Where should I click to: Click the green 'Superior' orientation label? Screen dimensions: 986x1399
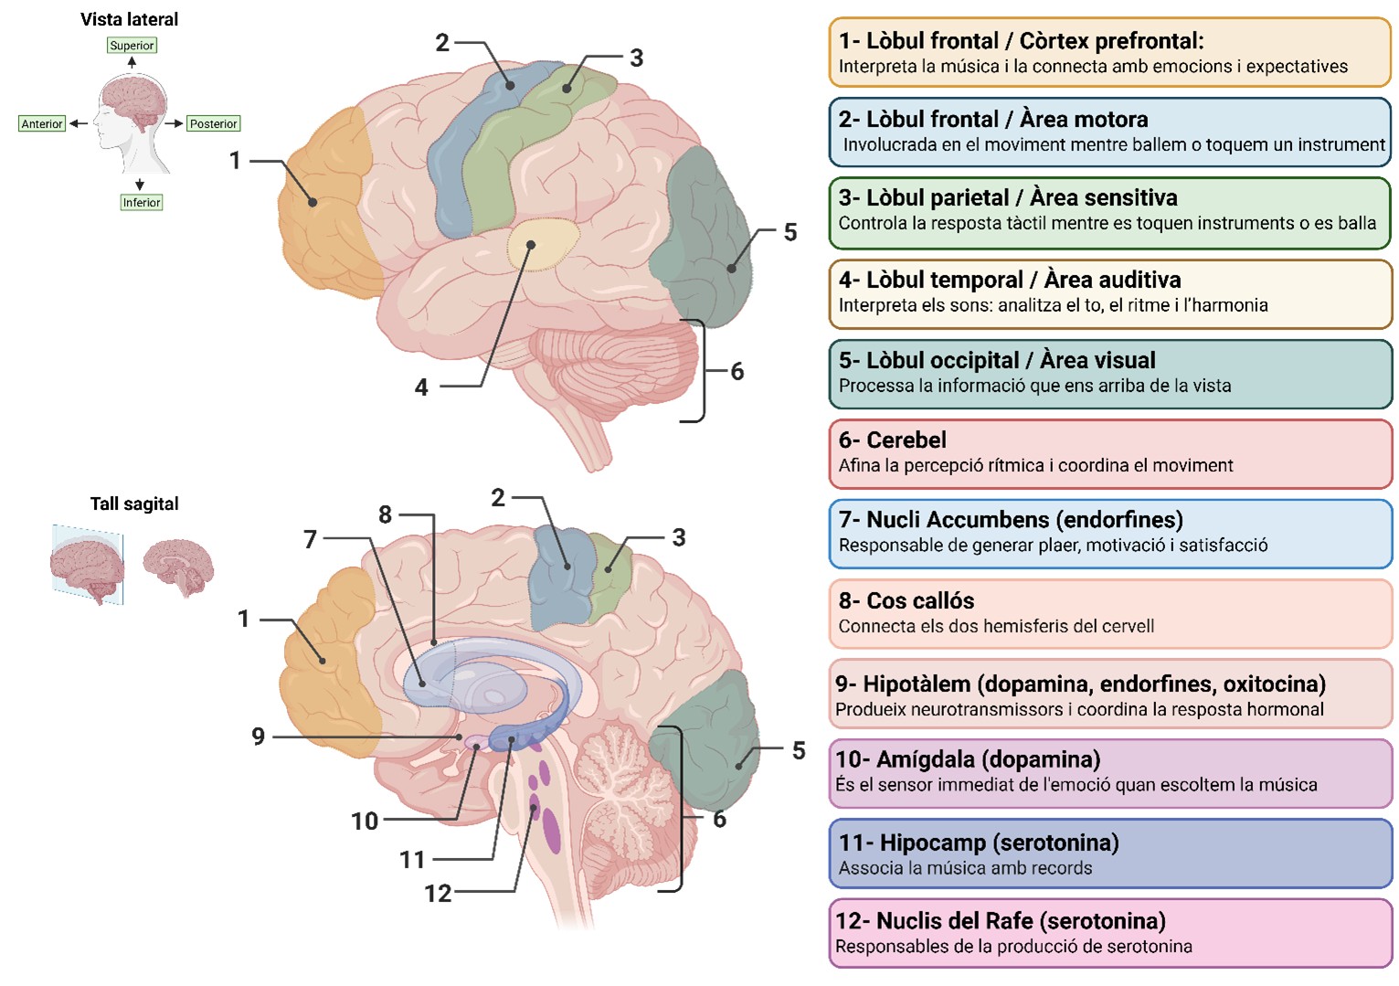[132, 46]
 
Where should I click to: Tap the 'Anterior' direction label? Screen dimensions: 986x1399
[42, 123]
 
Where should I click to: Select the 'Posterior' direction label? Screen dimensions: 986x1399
[213, 123]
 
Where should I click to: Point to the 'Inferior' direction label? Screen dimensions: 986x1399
[141, 202]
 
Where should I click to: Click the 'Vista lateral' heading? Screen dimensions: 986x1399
[129, 19]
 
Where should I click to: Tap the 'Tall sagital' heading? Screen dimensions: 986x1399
[134, 504]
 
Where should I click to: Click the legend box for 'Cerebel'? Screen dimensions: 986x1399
[1109, 453]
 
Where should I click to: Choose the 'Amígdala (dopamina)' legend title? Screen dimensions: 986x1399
[968, 759]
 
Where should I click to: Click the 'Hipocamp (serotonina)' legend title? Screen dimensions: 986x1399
[979, 843]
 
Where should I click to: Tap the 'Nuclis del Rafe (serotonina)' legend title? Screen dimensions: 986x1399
[1001, 921]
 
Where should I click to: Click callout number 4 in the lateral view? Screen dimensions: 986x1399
[421, 387]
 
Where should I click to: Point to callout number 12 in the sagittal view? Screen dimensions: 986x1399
[438, 893]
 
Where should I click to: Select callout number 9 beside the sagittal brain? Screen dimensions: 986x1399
[259, 737]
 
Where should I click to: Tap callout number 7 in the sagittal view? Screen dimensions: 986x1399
[311, 539]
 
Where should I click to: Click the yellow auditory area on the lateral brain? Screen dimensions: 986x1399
[543, 244]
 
